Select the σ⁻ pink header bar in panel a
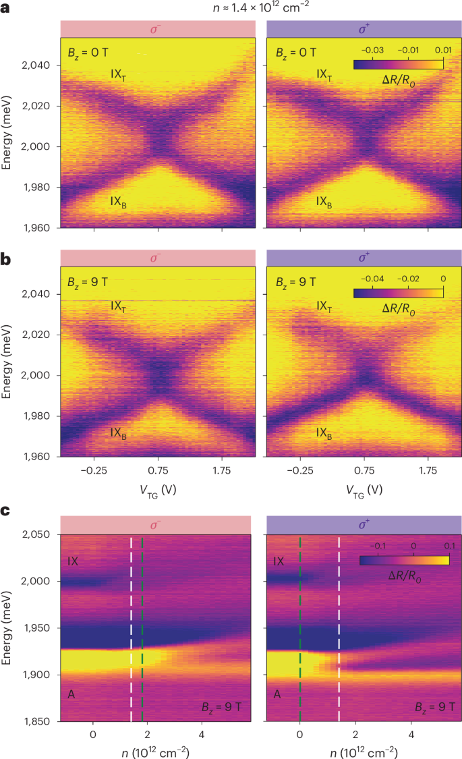[158, 28]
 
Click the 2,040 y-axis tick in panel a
[42, 65]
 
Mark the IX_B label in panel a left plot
[119, 201]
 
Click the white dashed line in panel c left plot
[131, 627]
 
